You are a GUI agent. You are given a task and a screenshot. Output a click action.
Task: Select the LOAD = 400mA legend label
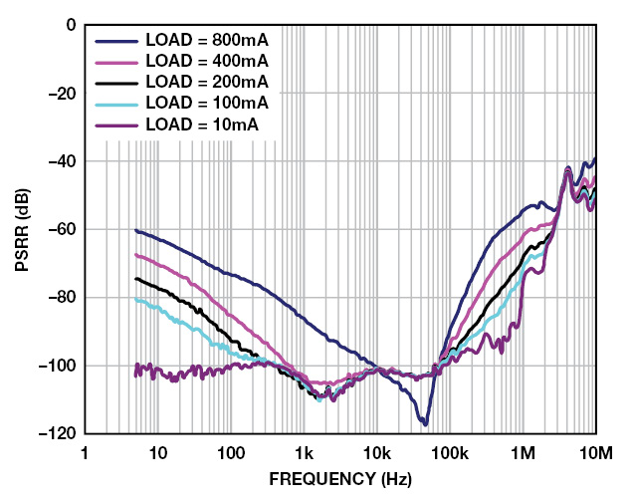coord(207,62)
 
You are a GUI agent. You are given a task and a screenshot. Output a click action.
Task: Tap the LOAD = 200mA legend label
coord(207,83)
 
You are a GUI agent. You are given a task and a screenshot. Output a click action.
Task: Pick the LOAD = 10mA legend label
coord(202,125)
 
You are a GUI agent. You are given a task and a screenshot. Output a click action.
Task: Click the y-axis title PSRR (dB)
coord(21,229)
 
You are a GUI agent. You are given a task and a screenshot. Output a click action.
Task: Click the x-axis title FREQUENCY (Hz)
coord(340,479)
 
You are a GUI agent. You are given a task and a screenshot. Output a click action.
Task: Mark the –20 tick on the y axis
coord(65,93)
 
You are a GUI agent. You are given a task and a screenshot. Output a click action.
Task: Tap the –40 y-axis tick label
coord(65,161)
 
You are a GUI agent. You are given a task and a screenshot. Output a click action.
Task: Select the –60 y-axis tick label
coord(65,229)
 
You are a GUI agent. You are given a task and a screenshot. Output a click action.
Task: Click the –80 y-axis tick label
coord(65,298)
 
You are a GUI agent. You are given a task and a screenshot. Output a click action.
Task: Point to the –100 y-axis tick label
coord(61,366)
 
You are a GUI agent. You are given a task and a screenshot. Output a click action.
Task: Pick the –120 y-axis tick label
coord(61,434)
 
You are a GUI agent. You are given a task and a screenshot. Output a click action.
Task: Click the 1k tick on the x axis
coord(304,453)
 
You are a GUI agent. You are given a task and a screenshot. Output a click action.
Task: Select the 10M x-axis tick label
coord(594,453)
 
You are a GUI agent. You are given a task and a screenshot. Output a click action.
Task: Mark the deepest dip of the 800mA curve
coord(424,424)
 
